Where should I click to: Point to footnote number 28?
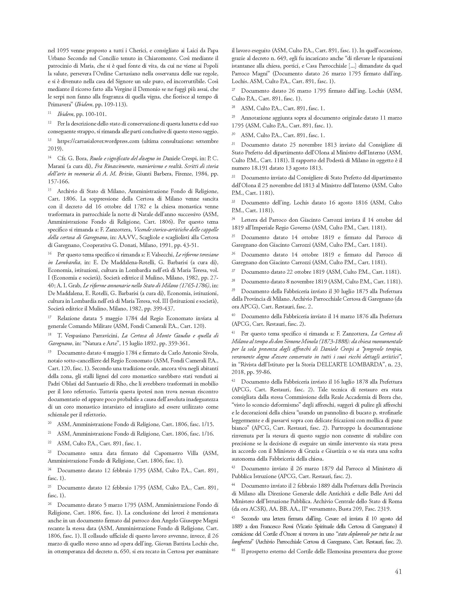click(233, 107)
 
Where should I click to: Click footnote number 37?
click(233, 271)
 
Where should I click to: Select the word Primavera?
click(60, 104)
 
